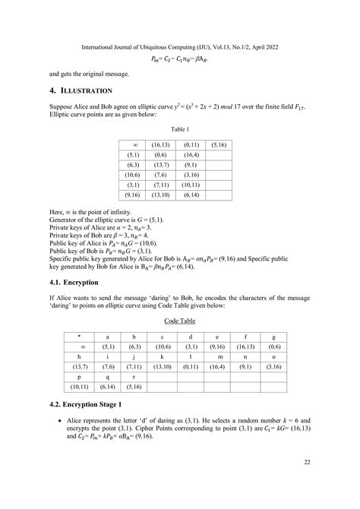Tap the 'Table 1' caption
click(179, 130)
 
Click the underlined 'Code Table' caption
click(179, 321)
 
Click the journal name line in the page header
click(179, 46)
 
